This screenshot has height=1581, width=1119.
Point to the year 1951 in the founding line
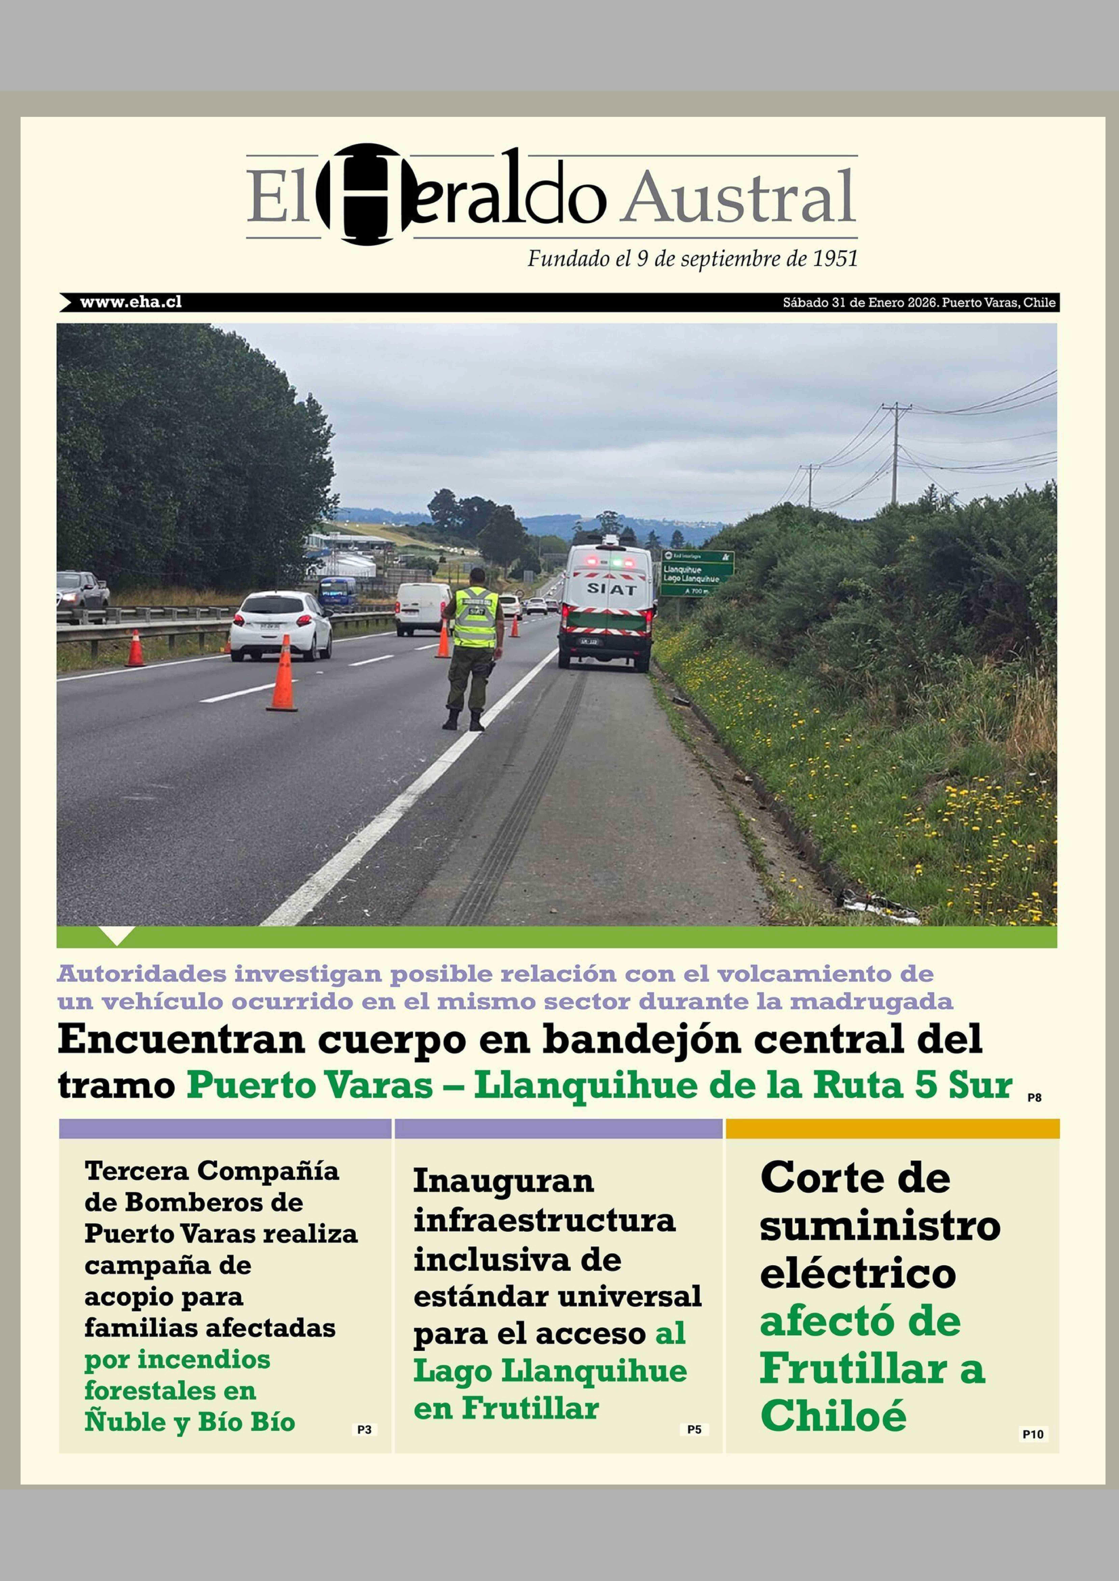(x=835, y=259)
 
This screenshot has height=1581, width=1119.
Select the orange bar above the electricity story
(x=892, y=1129)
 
